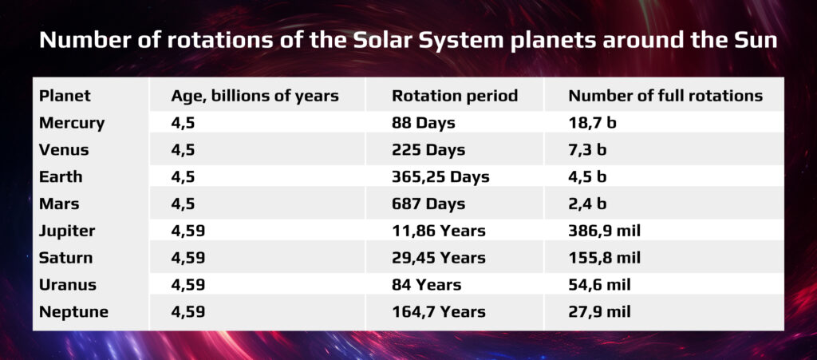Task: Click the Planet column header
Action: pyautogui.click(x=65, y=96)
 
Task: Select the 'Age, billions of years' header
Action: pyautogui.click(x=255, y=97)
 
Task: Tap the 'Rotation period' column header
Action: pyautogui.click(x=455, y=96)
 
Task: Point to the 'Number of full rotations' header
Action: pyautogui.click(x=665, y=96)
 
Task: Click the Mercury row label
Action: pyautogui.click(x=72, y=124)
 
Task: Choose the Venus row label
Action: pyautogui.click(x=64, y=150)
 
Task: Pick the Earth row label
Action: pyautogui.click(x=61, y=176)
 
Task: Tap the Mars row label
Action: pyautogui.click(x=59, y=204)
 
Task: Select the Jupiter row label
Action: pyautogui.click(x=67, y=231)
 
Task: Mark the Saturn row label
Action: pyautogui.click(x=65, y=258)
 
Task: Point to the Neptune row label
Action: pyautogui.click(x=74, y=312)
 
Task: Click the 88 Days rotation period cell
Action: pyautogui.click(x=424, y=124)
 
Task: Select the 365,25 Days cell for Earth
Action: pyautogui.click(x=440, y=177)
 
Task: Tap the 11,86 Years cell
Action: pyautogui.click(x=439, y=231)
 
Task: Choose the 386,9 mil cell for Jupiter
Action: pyautogui.click(x=605, y=231)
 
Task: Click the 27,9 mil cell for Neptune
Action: pyautogui.click(x=600, y=312)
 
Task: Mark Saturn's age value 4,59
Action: pyautogui.click(x=188, y=259)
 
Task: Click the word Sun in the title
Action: pyautogui.click(x=760, y=41)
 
